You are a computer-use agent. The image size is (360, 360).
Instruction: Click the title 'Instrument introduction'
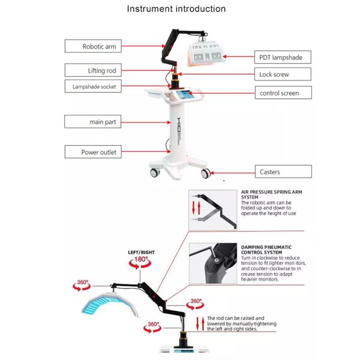pyautogui.click(x=176, y=9)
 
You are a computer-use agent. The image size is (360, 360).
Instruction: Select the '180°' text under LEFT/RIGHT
pyautogui.click(x=141, y=260)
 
